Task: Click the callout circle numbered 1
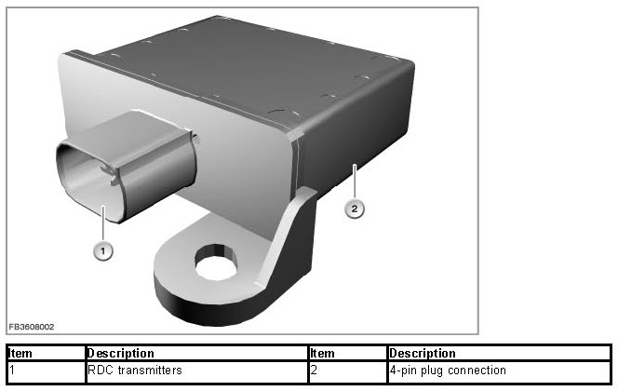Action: coord(103,250)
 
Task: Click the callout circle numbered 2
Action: coord(355,209)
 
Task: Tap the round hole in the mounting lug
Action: coord(216,263)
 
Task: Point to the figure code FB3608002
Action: coord(32,327)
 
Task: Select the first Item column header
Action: coord(20,353)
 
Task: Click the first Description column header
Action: coord(121,353)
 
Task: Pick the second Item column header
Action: coord(322,353)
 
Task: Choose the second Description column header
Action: coord(423,353)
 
